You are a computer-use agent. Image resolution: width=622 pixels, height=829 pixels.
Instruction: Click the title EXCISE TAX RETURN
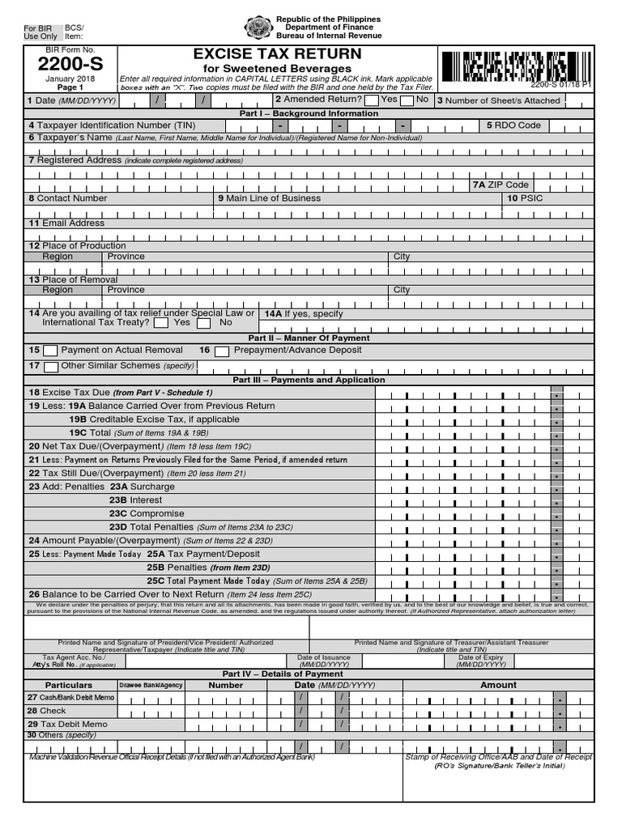tap(277, 54)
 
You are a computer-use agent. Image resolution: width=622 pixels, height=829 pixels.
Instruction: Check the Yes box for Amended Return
tap(371, 100)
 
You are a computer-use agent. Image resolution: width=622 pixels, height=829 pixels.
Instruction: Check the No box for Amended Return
tap(407, 100)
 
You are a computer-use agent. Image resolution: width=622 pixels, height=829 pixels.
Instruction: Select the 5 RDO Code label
tap(513, 125)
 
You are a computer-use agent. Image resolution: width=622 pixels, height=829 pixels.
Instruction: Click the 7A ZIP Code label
tap(501, 185)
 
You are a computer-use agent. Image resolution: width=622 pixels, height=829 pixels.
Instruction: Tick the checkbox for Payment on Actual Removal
tap(50, 351)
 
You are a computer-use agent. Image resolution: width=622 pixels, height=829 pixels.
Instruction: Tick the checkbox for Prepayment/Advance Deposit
tap(221, 351)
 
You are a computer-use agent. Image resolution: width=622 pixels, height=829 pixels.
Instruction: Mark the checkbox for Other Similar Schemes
tap(50, 367)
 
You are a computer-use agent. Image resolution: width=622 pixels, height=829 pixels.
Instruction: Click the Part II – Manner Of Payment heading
tap(309, 338)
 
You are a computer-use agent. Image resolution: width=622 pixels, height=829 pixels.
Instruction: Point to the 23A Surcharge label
tap(142, 487)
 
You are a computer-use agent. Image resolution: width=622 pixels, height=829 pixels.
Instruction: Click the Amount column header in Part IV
tap(498, 685)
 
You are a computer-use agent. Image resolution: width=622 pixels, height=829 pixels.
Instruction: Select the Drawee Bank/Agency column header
tap(151, 685)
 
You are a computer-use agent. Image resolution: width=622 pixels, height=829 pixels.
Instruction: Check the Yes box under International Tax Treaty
tap(160, 322)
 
